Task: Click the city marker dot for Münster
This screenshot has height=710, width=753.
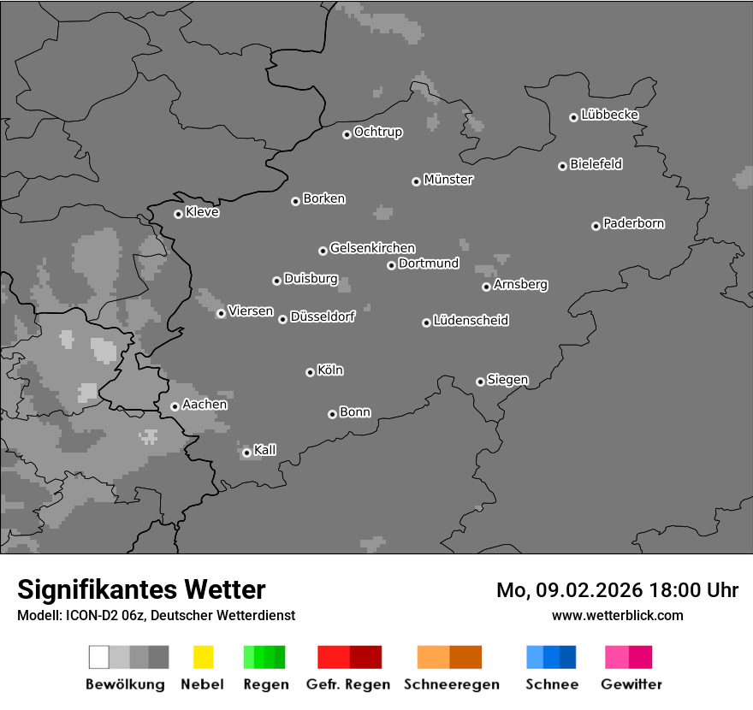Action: (x=416, y=181)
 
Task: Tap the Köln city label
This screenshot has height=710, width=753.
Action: (x=330, y=370)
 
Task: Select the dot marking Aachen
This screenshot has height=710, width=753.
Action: (x=175, y=406)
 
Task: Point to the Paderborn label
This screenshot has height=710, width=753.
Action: (x=634, y=224)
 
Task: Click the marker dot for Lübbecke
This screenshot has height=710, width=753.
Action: (x=573, y=117)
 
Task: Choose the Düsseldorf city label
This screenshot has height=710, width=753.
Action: (x=323, y=317)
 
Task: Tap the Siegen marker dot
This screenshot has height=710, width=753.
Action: (x=480, y=382)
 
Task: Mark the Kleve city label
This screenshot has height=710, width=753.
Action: (x=203, y=212)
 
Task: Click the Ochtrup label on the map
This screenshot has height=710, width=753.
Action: (x=378, y=133)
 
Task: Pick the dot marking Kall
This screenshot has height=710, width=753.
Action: (x=246, y=453)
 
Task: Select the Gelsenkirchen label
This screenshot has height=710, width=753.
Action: (x=372, y=249)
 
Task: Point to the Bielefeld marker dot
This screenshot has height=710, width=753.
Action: (x=562, y=166)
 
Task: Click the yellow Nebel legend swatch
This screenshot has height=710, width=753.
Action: (x=203, y=657)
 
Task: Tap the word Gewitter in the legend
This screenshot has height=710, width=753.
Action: (x=631, y=684)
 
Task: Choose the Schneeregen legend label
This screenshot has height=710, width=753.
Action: (x=452, y=684)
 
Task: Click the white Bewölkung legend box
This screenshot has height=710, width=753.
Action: (x=99, y=657)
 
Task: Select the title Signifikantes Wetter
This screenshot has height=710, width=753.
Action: (x=141, y=589)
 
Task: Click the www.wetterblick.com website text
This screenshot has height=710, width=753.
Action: (x=618, y=615)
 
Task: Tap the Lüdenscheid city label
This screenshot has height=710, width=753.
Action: (x=471, y=321)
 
